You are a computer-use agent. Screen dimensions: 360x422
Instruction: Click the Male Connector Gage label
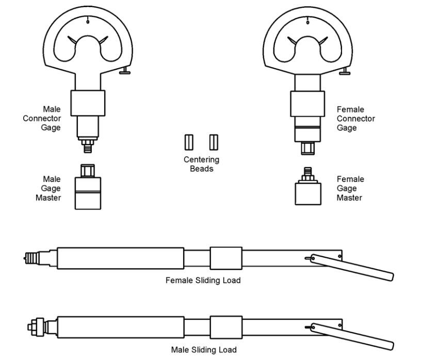pyautogui.click(x=42, y=118)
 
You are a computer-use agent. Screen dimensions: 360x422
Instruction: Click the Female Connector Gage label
pyautogui.click(x=355, y=119)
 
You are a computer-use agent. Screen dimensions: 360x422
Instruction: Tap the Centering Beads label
pyautogui.click(x=201, y=164)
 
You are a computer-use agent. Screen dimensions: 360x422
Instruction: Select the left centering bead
pyautogui.click(x=188, y=141)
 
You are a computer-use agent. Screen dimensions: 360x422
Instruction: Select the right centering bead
pyautogui.click(x=213, y=141)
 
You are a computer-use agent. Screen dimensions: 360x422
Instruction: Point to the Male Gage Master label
pyautogui.click(x=52, y=189)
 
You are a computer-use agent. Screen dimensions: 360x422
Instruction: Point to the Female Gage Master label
pyautogui.click(x=350, y=189)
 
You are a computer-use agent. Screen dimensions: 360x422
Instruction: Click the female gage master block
pyautogui.click(x=308, y=192)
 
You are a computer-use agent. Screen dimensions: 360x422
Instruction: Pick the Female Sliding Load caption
pyautogui.click(x=203, y=280)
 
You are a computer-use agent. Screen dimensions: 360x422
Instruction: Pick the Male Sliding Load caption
pyautogui.click(x=204, y=350)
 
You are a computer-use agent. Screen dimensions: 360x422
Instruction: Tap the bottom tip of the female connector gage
pyautogui.click(x=308, y=148)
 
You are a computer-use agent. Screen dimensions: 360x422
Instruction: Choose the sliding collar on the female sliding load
pyautogui.click(x=226, y=258)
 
